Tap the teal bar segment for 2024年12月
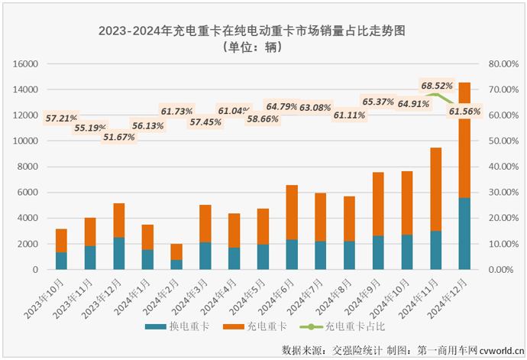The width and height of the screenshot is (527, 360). coord(464,234)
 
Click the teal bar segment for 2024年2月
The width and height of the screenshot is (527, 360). coord(176,264)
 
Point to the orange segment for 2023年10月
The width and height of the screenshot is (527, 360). coord(61,241)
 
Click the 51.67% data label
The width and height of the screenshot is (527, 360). coord(119,137)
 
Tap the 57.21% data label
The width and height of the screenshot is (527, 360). coord(60,118)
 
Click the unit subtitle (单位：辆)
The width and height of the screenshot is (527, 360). coord(251,47)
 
